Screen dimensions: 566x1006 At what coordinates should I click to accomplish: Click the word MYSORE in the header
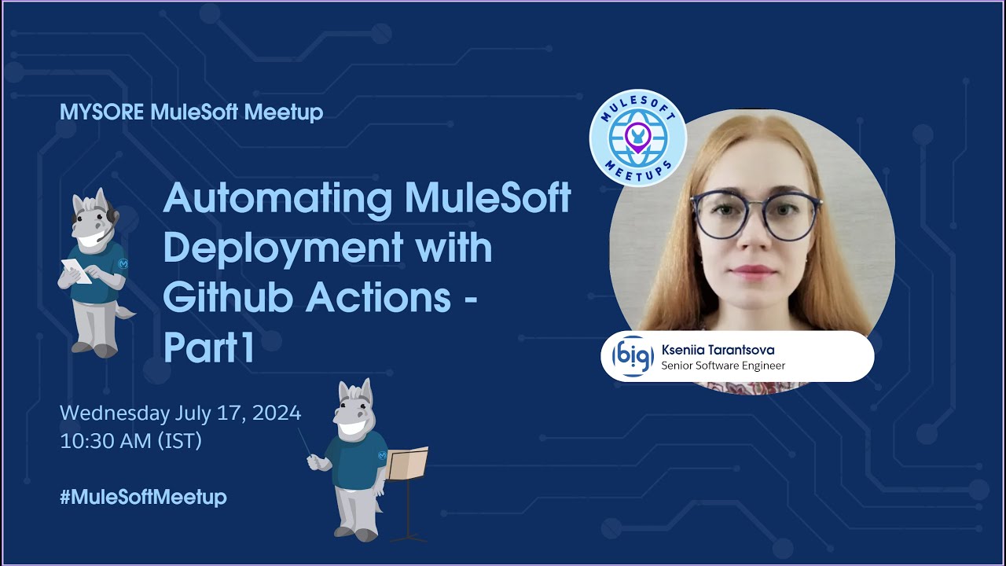101,112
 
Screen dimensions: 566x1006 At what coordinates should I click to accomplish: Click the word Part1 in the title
209,348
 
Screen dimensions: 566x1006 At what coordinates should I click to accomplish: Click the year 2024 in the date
276,413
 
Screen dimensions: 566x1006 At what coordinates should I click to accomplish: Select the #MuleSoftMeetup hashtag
143,497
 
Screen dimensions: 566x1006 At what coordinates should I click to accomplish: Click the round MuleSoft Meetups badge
637,138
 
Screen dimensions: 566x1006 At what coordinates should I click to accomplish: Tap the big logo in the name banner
632,357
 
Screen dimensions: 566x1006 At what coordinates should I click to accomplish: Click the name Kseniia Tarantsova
718,350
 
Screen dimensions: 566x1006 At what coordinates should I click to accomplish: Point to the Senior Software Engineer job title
723,366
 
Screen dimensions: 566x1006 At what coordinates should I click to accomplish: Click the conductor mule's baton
306,442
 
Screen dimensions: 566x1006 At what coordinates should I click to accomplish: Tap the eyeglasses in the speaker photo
754,214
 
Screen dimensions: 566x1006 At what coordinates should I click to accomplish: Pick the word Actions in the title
380,299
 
